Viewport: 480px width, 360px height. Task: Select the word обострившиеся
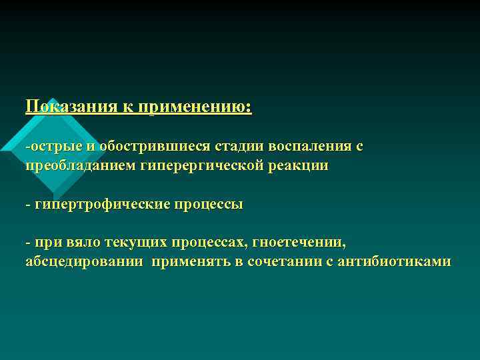click(137, 145)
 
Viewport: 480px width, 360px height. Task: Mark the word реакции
click(298, 165)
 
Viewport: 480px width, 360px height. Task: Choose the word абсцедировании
click(83, 261)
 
